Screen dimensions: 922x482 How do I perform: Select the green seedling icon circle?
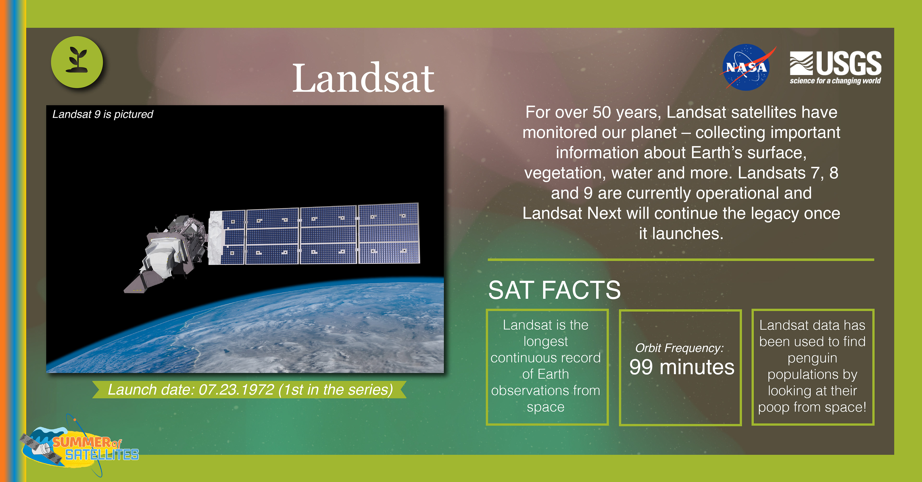point(77,62)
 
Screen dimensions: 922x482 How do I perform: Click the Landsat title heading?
point(363,78)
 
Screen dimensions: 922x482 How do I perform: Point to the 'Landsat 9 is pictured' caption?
point(103,114)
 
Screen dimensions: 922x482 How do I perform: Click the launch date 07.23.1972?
point(236,390)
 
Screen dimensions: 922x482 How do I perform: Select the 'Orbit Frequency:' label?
point(679,348)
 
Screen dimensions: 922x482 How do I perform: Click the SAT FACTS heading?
point(554,290)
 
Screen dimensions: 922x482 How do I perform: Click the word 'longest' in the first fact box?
point(546,342)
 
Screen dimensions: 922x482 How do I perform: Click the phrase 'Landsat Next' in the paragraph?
point(572,214)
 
